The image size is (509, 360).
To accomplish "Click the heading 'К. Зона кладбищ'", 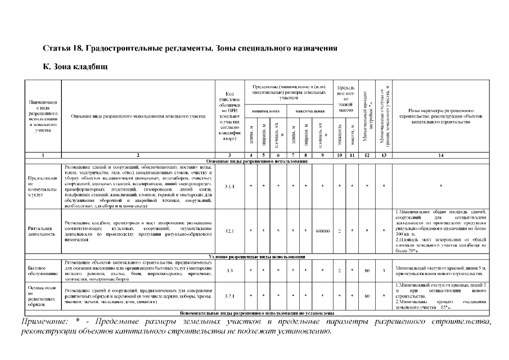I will (75, 66).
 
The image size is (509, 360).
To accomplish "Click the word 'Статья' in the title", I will (57, 48).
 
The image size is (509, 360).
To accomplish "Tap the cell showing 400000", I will (323, 231).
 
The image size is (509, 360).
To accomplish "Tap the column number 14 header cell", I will (440, 154).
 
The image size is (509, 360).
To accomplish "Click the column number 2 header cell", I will (138, 154).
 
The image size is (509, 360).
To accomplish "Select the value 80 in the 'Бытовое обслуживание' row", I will (367, 271).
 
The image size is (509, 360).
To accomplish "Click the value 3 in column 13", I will (384, 271).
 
